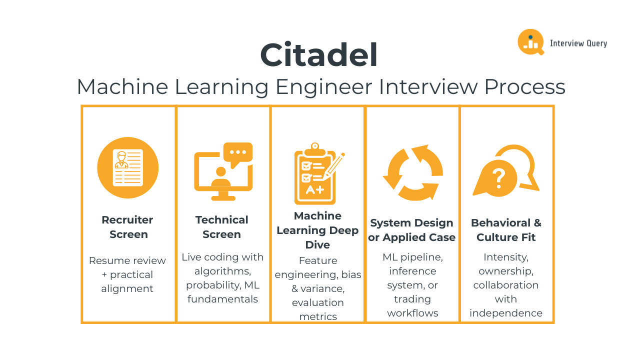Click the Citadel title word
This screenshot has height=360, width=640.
[319, 54]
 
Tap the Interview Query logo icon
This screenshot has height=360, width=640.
[531, 42]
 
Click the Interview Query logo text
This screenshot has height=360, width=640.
[578, 43]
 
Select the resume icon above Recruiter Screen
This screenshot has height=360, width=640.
[127, 167]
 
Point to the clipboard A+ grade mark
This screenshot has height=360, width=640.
[315, 189]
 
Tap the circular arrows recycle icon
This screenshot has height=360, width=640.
[413, 172]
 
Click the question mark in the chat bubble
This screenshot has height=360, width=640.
[499, 178]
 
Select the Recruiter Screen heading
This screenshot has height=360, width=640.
[127, 227]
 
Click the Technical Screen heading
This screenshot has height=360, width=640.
[221, 227]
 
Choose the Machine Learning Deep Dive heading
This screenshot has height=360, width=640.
[317, 230]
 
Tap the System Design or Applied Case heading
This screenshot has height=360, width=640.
[411, 230]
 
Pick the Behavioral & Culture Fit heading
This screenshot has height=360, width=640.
[506, 230]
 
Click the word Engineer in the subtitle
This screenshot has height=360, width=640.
[323, 87]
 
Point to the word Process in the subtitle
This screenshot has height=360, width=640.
[525, 87]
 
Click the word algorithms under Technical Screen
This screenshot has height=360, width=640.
[222, 271]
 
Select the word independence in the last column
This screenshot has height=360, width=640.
[506, 313]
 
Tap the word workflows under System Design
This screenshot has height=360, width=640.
[412, 313]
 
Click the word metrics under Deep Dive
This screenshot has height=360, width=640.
[318, 316]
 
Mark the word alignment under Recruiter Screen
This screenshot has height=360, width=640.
[127, 288]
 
